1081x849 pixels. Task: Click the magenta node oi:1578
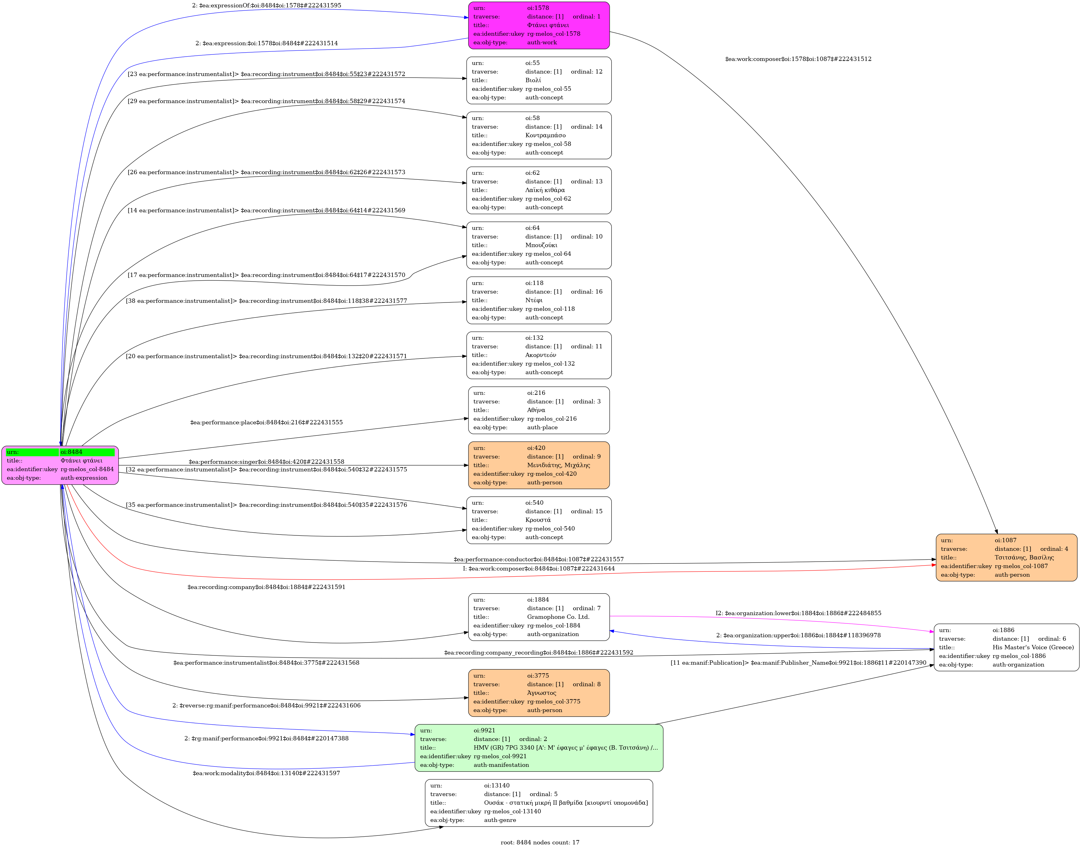tap(539, 25)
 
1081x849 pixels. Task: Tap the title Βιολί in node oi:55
tap(533, 80)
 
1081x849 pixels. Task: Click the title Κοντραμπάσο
tap(545, 135)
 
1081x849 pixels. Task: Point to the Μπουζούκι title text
tap(541, 245)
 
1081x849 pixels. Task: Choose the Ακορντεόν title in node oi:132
tap(540, 355)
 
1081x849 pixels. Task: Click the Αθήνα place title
tap(536, 410)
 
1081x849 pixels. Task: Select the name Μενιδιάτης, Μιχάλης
tap(558, 465)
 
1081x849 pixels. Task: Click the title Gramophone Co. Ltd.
tap(558, 617)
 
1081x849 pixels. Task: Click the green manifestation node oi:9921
tap(539, 747)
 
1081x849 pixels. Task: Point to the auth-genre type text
tap(500, 820)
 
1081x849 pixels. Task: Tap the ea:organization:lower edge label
tap(798, 613)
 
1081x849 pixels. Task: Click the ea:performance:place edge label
tap(267, 422)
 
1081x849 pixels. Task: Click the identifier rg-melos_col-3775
tap(553, 701)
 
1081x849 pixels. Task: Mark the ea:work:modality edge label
tap(267, 773)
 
